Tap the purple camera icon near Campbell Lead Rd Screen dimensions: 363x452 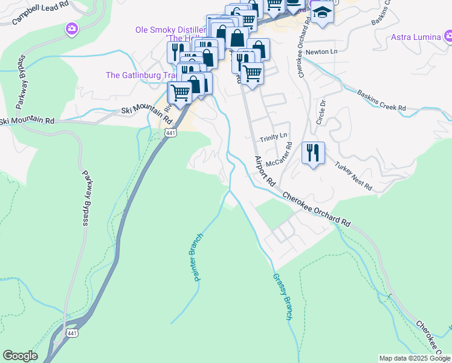pyautogui.click(x=71, y=28)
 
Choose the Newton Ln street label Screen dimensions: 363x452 pyautogui.click(x=321, y=53)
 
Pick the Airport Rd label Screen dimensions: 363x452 pyautogui.click(x=264, y=171)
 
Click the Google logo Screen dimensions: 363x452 pyautogui.click(x=20, y=356)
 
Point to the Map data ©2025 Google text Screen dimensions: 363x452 pyautogui.click(x=415, y=358)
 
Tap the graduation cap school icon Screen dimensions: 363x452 pyautogui.click(x=322, y=13)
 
